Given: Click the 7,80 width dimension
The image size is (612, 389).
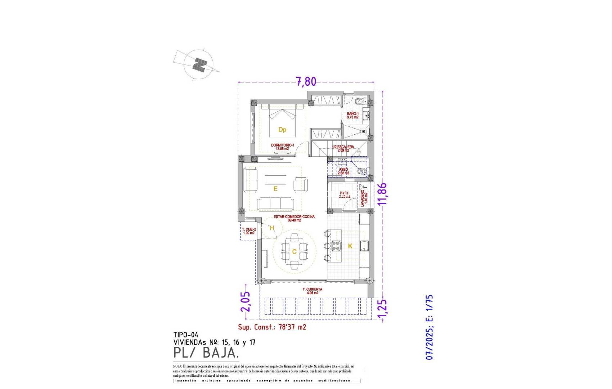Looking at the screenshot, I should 306,82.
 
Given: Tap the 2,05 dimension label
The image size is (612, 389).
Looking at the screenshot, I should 246,301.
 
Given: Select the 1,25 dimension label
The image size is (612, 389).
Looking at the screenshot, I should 382,309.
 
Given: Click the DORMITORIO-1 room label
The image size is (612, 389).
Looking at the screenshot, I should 283,147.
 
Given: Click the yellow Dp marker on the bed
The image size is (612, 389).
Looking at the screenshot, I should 282,130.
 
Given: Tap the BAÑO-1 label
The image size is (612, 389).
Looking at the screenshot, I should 353,115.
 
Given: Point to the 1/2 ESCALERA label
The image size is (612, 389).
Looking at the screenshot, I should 343,148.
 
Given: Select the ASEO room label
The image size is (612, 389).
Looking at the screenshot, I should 343,171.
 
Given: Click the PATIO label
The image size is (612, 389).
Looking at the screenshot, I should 345,195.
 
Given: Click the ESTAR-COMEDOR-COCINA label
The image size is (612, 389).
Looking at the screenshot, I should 294,218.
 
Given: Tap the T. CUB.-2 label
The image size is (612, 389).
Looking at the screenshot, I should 249,231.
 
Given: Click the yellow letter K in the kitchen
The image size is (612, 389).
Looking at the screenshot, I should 350,246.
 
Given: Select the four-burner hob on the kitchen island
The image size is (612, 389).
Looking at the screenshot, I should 336,246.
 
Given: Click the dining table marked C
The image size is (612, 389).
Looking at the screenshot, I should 294,251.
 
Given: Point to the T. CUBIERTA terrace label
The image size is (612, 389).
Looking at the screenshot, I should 312,291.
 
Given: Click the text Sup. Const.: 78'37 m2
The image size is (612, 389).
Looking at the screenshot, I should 272,327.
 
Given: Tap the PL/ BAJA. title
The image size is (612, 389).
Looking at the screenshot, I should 206,353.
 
